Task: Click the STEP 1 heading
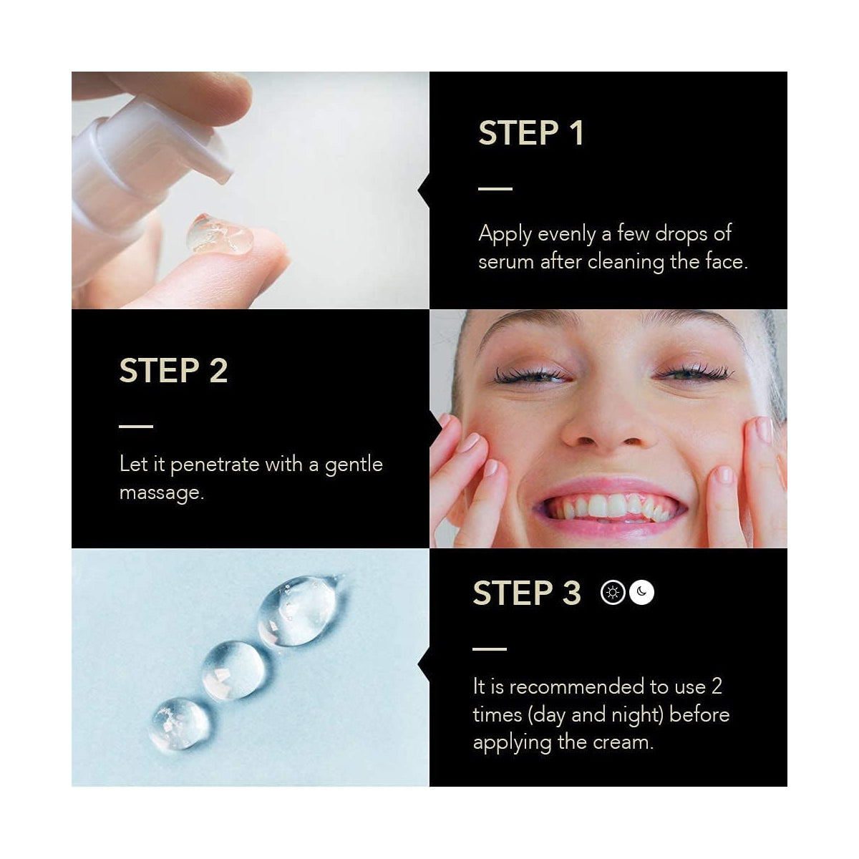(x=530, y=133)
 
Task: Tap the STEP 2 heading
(x=173, y=370)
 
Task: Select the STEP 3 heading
(x=527, y=593)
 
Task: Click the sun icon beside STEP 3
(x=613, y=593)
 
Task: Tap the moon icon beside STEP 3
(x=641, y=593)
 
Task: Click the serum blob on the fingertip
(x=220, y=235)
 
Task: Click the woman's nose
(x=608, y=424)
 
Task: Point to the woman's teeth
(x=610, y=507)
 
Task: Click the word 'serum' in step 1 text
(x=506, y=262)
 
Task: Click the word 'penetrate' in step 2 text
(x=215, y=465)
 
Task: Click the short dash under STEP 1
(x=495, y=188)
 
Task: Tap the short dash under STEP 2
(x=136, y=426)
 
